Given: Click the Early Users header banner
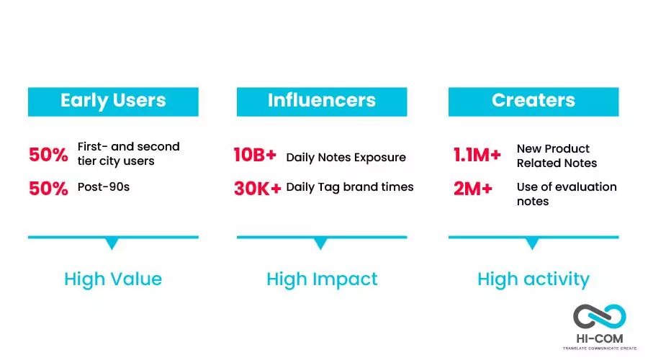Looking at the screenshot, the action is (x=113, y=102).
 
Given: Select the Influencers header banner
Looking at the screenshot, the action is (x=322, y=102).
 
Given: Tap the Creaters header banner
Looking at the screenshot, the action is (x=534, y=102).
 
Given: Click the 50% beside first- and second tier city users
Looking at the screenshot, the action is (x=48, y=155).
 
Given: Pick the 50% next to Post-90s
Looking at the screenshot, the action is (x=48, y=189).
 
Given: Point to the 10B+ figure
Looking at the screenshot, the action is (x=255, y=155).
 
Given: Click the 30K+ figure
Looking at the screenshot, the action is (x=258, y=189).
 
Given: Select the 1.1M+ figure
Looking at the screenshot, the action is (x=477, y=155).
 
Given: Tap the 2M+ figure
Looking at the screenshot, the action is (x=473, y=189).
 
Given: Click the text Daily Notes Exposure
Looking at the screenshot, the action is (x=346, y=158).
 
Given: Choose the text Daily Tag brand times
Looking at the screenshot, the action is (x=350, y=187).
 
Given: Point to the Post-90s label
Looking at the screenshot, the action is (x=104, y=186).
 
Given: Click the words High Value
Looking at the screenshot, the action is (x=113, y=279).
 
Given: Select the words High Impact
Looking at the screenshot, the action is (x=322, y=279).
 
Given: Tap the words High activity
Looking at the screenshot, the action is (x=534, y=279).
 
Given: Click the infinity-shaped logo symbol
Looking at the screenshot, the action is (x=599, y=317).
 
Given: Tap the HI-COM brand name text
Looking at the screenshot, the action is (x=600, y=338).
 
